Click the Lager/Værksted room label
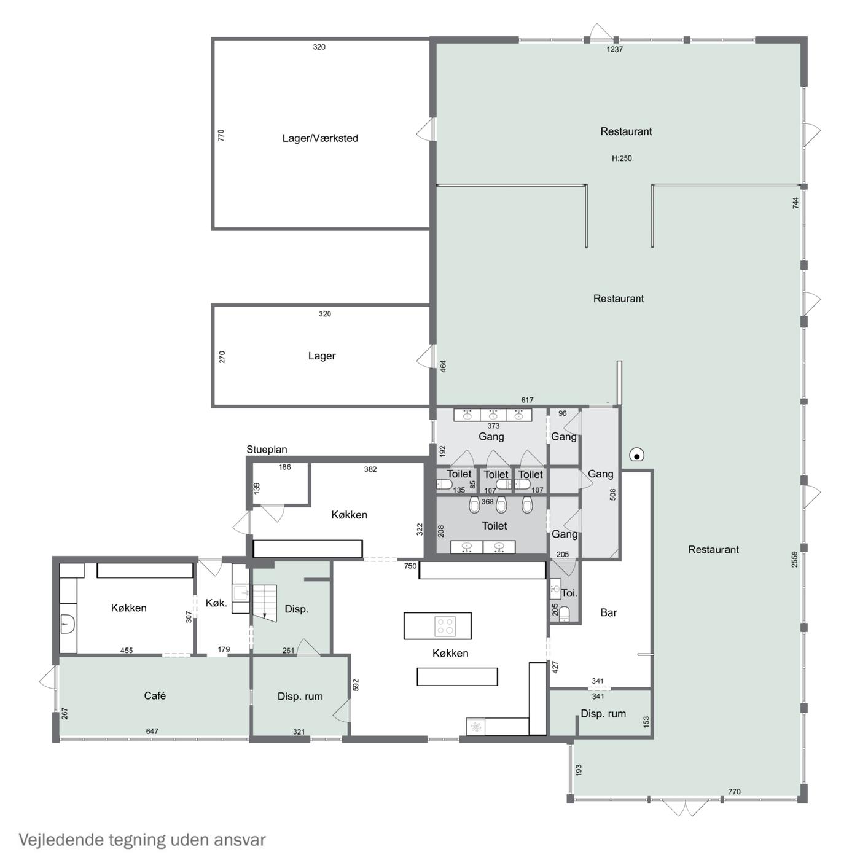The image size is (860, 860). (320, 138)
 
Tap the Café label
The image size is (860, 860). (155, 695)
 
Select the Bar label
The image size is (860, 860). (608, 612)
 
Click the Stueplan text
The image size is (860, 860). (267, 450)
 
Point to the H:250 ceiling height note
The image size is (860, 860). (622, 158)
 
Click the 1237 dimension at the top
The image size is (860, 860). (614, 50)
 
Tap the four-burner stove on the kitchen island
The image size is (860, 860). (445, 625)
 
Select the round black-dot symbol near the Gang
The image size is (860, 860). (637, 456)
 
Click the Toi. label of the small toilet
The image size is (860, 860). (569, 593)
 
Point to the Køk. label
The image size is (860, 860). (216, 603)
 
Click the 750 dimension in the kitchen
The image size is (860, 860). (410, 566)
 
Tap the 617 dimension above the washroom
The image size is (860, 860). (527, 401)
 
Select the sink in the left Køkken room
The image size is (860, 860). (68, 622)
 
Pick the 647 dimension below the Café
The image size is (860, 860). (152, 731)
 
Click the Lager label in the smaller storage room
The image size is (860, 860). (322, 356)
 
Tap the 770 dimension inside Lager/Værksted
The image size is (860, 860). (221, 135)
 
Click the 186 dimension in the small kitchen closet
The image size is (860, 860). (285, 467)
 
